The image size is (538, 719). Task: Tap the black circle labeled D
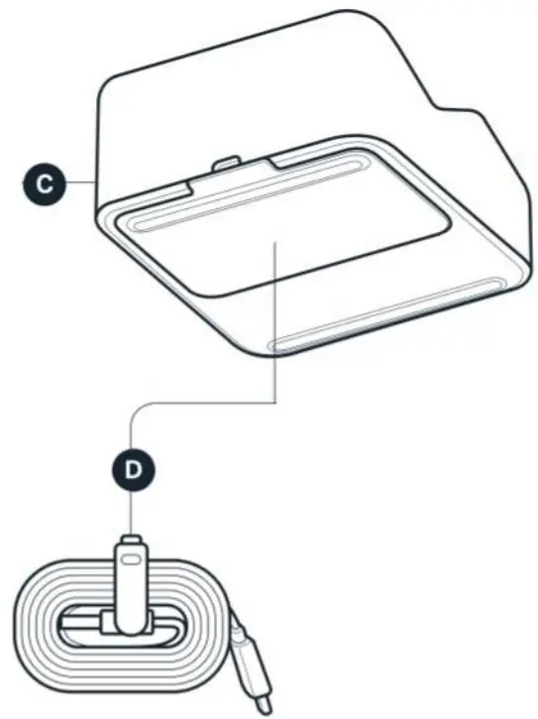click(x=132, y=466)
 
